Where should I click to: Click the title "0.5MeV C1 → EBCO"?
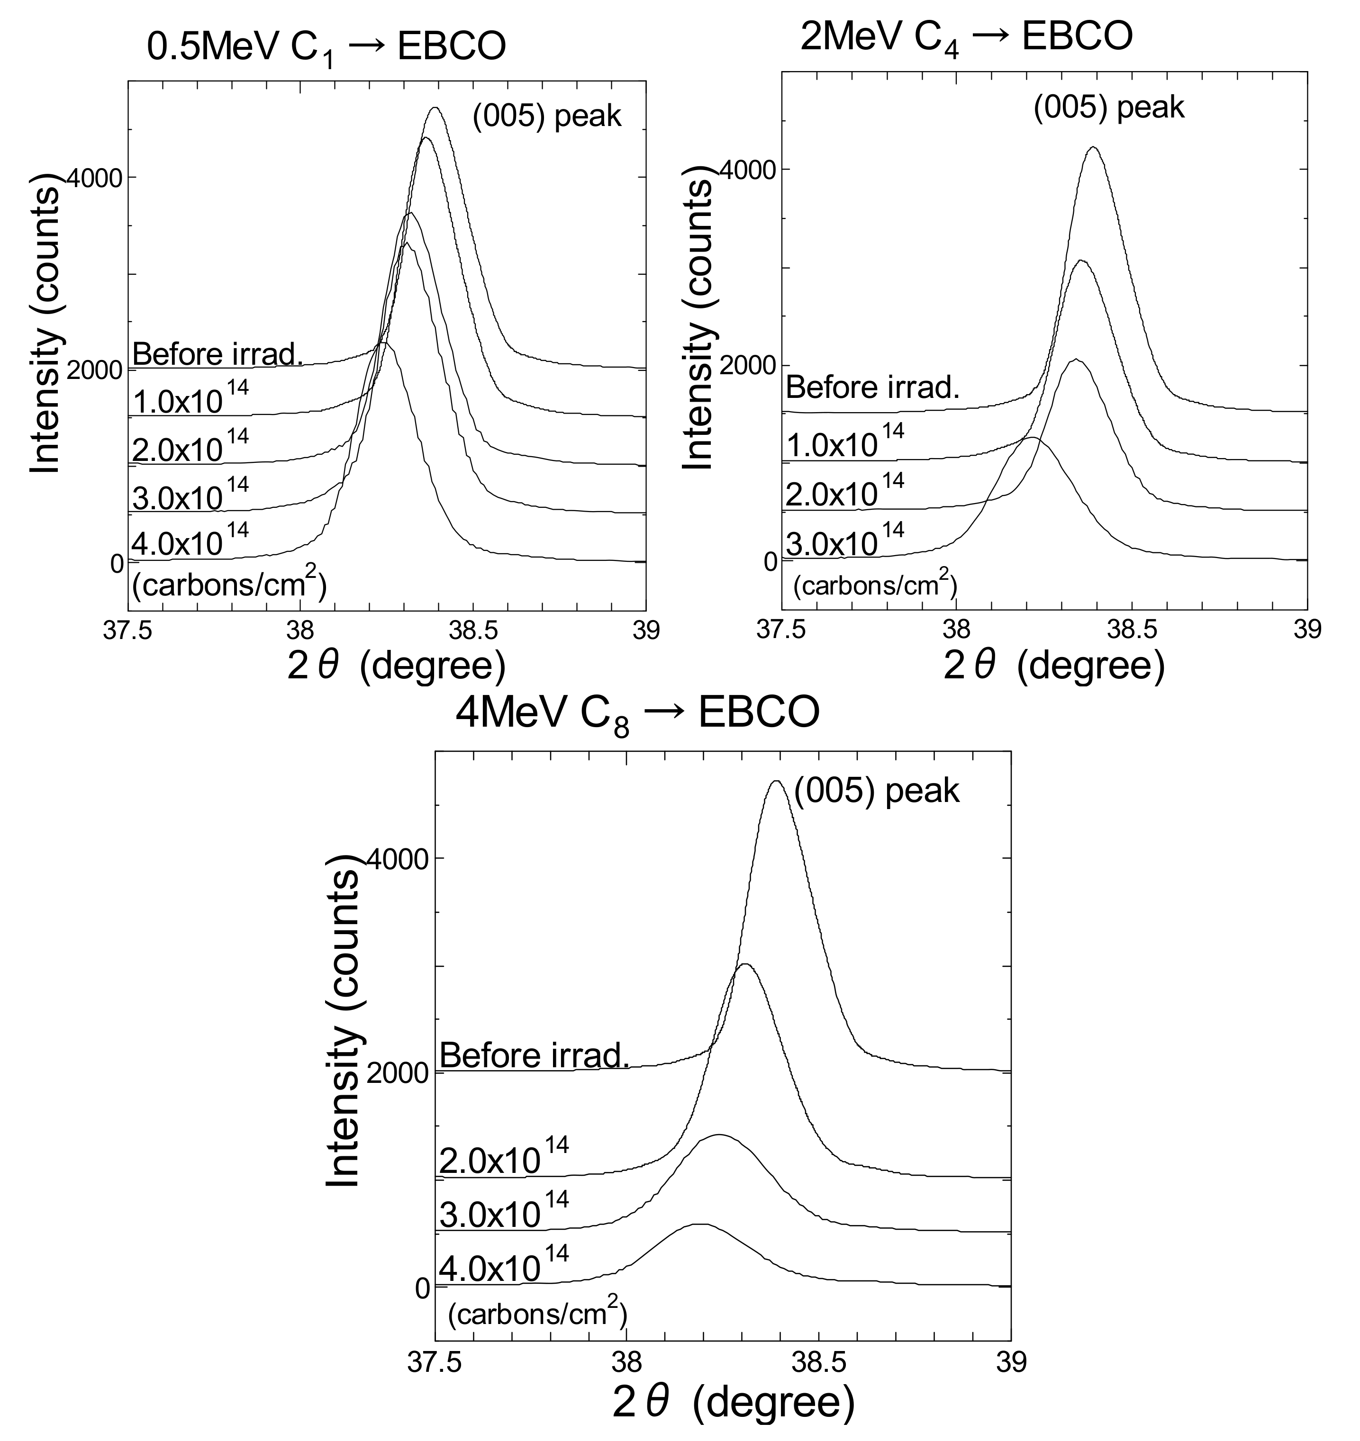pos(326,49)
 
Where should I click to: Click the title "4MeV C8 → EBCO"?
pos(637,714)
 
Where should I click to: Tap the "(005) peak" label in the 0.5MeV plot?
pos(547,116)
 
